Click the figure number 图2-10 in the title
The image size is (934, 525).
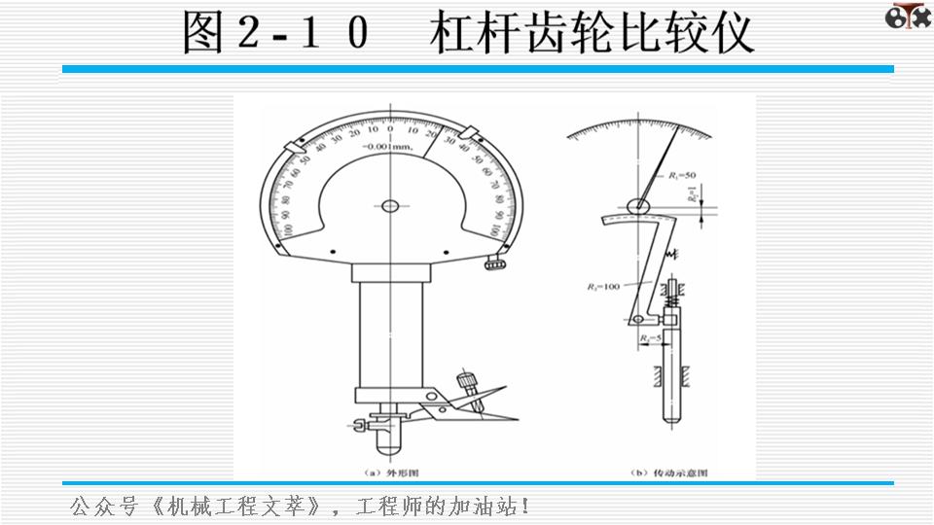276,33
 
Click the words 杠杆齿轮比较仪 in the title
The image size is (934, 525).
592,33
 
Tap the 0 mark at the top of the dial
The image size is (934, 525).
390,128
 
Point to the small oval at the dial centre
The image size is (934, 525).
390,205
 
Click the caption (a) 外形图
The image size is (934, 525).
390,472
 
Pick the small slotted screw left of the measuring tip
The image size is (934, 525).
363,424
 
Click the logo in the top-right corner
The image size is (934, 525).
908,17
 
